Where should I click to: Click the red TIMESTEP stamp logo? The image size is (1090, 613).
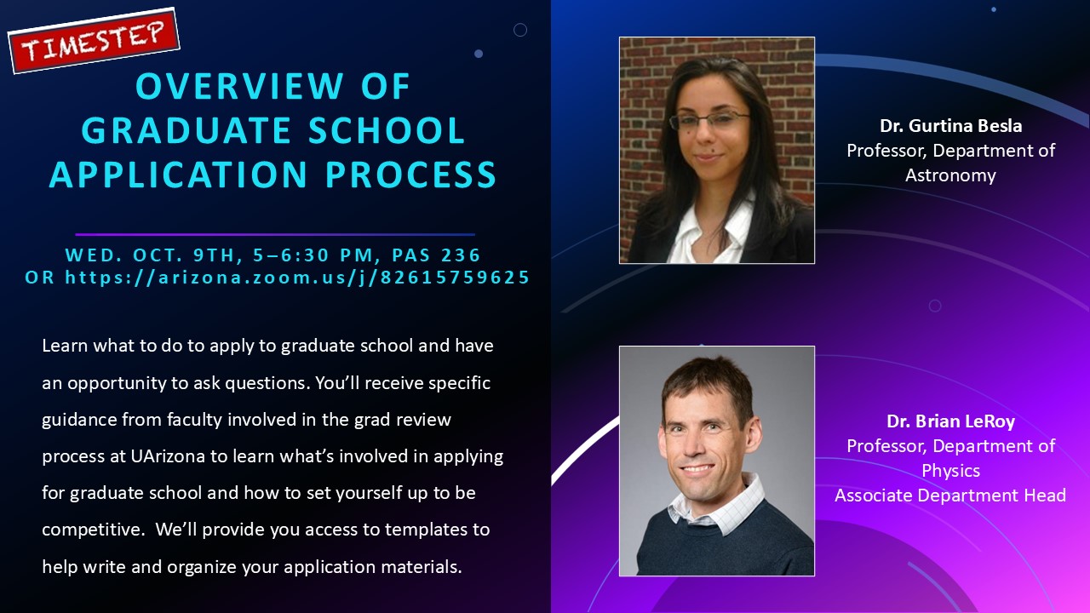94,41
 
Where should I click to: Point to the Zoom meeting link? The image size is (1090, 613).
297,278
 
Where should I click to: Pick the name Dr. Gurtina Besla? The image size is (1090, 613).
950,126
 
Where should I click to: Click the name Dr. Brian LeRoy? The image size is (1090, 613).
950,421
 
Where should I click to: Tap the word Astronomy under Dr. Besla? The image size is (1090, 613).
950,175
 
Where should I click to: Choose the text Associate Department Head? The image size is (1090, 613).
950,496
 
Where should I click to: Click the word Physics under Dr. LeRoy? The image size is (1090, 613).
950,471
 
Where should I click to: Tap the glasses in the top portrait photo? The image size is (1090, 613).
709,122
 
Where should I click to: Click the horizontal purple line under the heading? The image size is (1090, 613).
275,234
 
